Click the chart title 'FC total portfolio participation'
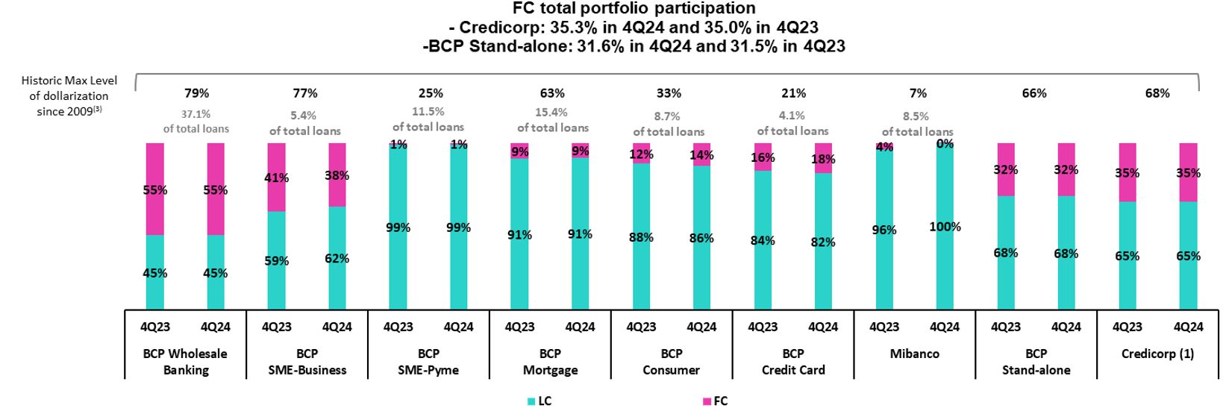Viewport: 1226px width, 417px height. click(634, 8)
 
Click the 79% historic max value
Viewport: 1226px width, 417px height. click(197, 93)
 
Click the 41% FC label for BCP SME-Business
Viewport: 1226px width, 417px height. click(276, 178)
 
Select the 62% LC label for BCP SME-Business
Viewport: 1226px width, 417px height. click(337, 259)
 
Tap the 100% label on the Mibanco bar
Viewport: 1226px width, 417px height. click(945, 227)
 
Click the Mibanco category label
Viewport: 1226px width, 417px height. click(914, 354)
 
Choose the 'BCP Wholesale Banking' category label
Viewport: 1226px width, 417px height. click(185, 361)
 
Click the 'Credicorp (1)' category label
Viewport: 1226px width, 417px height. click(1157, 354)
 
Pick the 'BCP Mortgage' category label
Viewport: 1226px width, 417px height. click(550, 361)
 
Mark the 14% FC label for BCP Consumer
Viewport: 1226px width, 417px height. click(701, 155)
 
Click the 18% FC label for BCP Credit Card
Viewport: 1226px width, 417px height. click(822, 159)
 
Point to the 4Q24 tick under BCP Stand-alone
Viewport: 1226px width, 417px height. click(1066, 327)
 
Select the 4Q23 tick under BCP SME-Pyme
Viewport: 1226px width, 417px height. click(398, 327)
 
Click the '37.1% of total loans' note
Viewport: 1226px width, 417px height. click(196, 122)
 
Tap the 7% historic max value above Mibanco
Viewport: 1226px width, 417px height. click(918, 93)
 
